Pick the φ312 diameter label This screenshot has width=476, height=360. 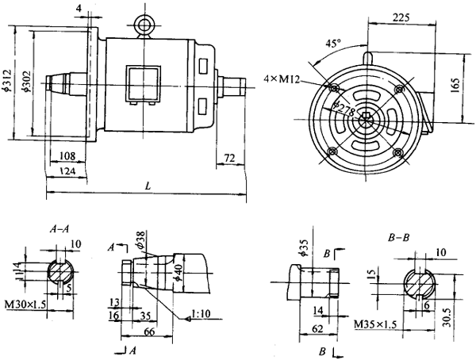pos(9,79)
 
